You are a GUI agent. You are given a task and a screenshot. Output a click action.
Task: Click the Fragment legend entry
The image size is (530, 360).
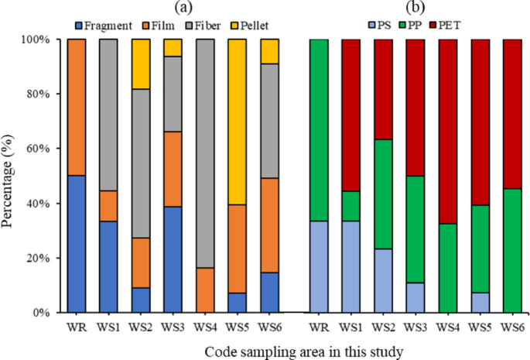pos(104,26)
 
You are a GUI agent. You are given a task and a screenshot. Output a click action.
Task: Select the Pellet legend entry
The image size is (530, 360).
pos(250,26)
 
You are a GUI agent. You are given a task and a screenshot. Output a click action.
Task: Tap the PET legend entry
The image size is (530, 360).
pos(445,25)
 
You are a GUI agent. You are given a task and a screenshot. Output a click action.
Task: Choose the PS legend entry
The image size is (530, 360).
pos(380,25)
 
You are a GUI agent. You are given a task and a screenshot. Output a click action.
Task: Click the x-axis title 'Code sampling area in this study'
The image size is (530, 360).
pos(303,352)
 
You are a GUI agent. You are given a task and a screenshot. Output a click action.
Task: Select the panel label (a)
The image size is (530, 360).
pos(184,8)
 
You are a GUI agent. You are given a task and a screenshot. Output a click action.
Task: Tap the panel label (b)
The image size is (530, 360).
pos(415,8)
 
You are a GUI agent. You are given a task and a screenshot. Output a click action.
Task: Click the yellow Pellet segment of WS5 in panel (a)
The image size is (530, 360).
pos(238,122)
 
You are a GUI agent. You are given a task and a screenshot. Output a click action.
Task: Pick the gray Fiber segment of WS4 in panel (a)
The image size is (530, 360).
pos(205,153)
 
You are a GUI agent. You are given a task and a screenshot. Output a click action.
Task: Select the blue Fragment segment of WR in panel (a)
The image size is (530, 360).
pos(77,244)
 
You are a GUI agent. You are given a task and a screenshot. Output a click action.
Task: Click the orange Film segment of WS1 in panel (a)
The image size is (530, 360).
pos(108,206)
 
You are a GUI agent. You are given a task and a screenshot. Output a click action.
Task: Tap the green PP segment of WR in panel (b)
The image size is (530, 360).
pos(319,130)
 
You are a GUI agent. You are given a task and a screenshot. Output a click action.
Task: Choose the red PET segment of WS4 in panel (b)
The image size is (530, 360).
pos(448,132)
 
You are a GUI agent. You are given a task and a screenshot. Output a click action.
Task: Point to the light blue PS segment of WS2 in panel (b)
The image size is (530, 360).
pos(384,280)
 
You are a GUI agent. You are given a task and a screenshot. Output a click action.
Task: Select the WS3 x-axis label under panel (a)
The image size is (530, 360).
pos(173,327)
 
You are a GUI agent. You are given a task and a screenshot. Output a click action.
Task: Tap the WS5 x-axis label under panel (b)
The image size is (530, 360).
pos(480,327)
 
